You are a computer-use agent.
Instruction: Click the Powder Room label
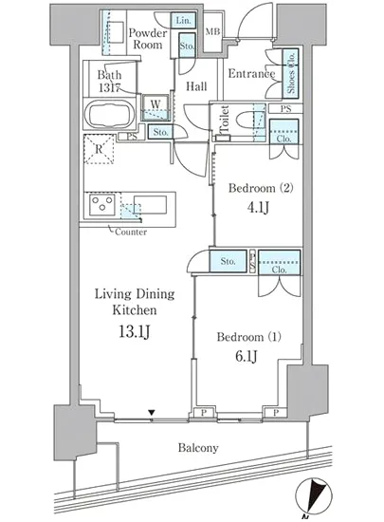148,39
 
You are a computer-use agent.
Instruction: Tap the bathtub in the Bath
110,114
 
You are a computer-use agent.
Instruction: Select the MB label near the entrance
212,31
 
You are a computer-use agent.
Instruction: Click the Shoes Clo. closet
290,74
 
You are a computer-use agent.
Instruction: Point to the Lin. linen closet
183,21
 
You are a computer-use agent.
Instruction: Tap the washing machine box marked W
155,107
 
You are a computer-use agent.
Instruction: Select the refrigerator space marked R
99,149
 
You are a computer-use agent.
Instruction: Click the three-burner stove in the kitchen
102,203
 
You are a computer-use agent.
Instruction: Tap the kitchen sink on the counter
150,205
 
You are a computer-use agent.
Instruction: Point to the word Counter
131,232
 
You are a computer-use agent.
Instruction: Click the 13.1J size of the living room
135,331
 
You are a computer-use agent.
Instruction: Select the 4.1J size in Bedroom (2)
258,207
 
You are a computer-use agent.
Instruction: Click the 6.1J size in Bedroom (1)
246,356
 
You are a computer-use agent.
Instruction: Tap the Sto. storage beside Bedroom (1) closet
229,261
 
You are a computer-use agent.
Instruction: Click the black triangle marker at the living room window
152,413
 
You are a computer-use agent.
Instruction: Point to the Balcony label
198,448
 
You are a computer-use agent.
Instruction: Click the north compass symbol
314,495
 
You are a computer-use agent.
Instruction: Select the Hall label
196,86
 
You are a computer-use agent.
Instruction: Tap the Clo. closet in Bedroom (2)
283,132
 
